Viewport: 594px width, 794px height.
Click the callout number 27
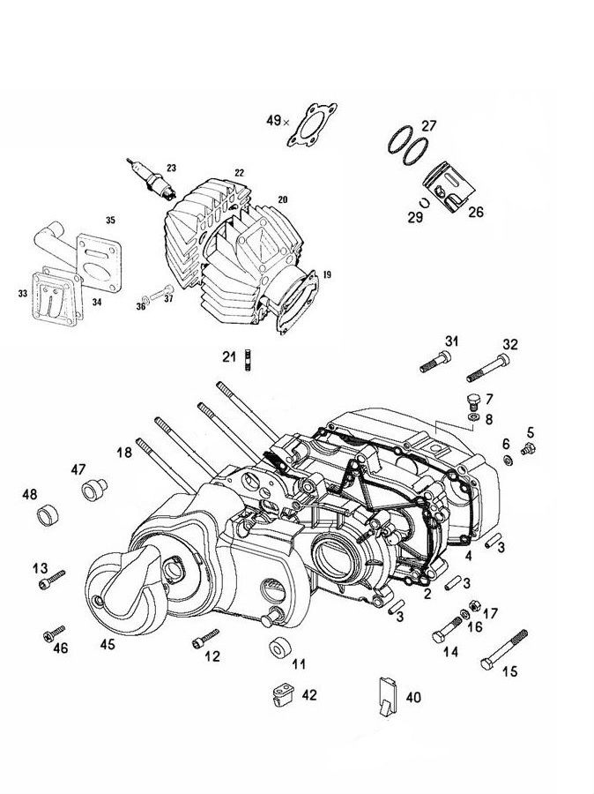click(x=429, y=125)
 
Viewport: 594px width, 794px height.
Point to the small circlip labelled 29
click(x=423, y=201)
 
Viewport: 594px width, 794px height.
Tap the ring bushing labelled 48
click(x=51, y=514)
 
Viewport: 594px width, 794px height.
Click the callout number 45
click(x=107, y=645)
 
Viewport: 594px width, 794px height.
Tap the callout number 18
click(x=124, y=452)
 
